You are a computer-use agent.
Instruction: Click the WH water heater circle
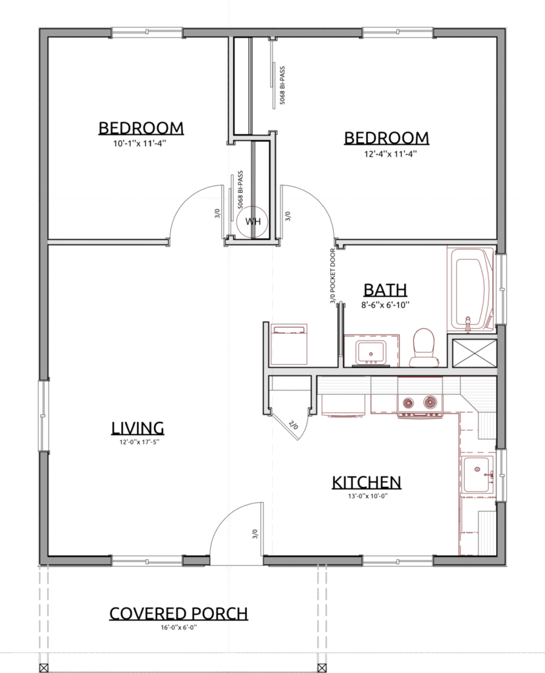[253, 222]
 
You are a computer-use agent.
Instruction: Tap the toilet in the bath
[423, 347]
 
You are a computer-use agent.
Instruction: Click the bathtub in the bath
[471, 289]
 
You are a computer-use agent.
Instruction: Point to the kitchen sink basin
[478, 475]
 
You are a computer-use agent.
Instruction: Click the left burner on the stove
[407, 403]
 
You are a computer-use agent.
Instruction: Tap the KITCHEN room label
[367, 482]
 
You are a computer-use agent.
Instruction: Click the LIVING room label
[138, 428]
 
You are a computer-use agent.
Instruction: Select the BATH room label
[385, 290]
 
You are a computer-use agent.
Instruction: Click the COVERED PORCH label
[178, 613]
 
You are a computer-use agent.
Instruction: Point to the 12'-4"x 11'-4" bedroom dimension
[390, 153]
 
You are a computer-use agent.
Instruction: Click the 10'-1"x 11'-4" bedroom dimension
[140, 143]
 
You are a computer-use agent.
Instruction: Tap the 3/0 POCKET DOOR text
[332, 277]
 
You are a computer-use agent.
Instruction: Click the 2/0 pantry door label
[294, 425]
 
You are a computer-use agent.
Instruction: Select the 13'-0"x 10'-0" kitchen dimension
[368, 496]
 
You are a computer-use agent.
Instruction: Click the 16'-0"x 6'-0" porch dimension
[179, 627]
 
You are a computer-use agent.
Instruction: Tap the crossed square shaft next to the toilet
[472, 353]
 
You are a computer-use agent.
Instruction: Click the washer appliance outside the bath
[288, 344]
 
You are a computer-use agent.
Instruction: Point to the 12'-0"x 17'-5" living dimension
[140, 442]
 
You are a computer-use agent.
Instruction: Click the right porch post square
[321, 668]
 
